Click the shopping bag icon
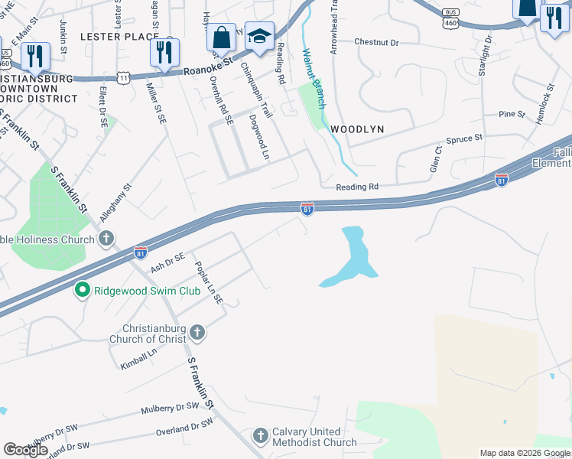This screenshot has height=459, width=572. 221,37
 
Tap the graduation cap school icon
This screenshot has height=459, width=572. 259,37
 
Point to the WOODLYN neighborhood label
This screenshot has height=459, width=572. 356,129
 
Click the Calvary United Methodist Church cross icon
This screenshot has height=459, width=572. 261,435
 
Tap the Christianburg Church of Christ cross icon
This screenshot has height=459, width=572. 197,332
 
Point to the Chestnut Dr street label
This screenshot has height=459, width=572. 376,42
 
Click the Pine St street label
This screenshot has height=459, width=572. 512,114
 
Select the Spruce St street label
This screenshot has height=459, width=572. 467,138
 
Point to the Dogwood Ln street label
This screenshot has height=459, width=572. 260,137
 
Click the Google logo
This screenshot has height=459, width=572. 25,450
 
